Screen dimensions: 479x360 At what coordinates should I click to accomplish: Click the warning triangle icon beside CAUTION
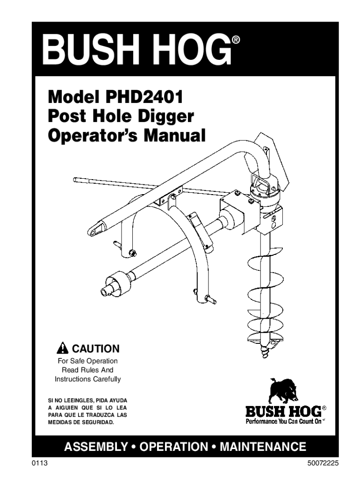click(62, 349)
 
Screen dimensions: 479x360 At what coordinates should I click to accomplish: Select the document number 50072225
click(321, 463)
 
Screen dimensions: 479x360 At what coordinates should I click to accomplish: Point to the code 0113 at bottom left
click(40, 463)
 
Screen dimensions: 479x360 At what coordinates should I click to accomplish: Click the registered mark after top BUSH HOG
click(236, 41)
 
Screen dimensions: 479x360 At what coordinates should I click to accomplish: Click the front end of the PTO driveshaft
click(107, 286)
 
